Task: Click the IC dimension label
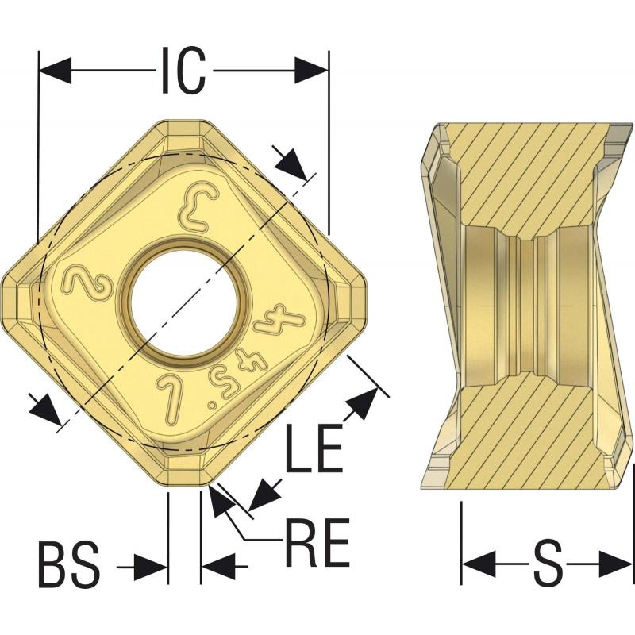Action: point(183,71)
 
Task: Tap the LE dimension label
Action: point(314,448)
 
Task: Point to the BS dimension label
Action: point(69,565)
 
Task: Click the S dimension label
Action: point(548,564)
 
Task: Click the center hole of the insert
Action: point(185,301)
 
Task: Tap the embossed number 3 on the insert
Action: point(201,210)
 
